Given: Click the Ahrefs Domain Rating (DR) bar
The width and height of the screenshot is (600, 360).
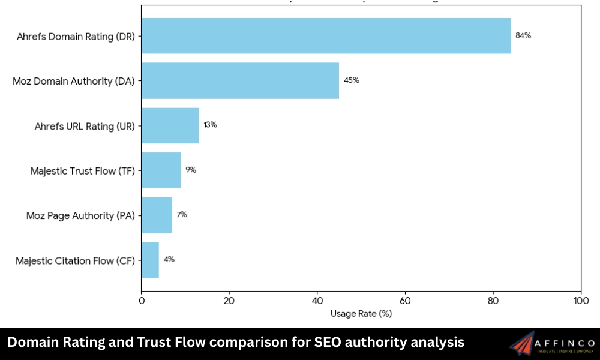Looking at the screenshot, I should tap(326, 36).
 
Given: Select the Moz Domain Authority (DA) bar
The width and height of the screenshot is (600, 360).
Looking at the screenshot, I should tap(240, 80).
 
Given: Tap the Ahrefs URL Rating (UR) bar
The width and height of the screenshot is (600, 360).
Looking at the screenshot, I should tap(170, 125).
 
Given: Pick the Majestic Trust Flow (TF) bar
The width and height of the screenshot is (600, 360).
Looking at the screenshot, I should tap(161, 170).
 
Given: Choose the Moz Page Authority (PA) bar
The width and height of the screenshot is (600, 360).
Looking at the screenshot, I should tap(157, 215).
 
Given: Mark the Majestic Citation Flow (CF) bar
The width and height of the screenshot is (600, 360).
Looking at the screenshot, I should tap(150, 260).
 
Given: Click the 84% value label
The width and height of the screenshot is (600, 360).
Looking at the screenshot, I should tap(523, 35).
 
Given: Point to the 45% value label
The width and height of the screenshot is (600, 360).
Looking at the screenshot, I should tap(352, 80).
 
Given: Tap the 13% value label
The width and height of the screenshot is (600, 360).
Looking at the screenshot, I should tap(210, 125).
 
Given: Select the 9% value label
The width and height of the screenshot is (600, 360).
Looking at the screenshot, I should tap(191, 170).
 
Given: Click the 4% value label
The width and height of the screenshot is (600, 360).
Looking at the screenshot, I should tap(169, 259).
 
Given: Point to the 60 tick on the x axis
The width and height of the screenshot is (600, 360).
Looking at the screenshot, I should tap(405, 302).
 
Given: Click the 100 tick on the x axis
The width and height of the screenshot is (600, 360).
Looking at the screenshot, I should tap(581, 302).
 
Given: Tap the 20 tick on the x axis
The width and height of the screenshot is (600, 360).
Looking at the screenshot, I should tap(229, 302).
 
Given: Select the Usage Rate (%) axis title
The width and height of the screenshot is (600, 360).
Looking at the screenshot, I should tap(361, 314).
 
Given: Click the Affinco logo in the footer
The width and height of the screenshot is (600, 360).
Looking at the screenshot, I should tap(551, 343).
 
